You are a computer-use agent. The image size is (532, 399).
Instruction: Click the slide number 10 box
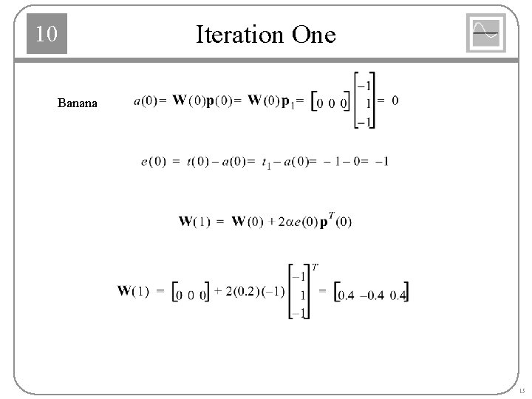click(x=47, y=34)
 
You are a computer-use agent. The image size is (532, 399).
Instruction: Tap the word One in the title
click(x=313, y=35)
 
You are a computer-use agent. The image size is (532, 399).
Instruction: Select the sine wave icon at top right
click(x=485, y=33)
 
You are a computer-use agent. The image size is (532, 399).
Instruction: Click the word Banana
click(x=77, y=103)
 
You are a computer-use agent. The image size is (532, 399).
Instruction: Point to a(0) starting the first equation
click(x=145, y=101)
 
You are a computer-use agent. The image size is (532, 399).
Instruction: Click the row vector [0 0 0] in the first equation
click(x=330, y=102)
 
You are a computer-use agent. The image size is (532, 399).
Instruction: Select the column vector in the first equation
click(x=364, y=100)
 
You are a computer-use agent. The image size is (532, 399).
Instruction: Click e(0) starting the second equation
click(x=153, y=161)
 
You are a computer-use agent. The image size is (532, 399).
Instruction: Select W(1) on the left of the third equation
click(x=194, y=221)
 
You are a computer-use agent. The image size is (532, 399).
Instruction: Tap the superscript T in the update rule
click(x=332, y=216)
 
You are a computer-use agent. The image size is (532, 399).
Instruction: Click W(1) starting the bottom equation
click(x=134, y=291)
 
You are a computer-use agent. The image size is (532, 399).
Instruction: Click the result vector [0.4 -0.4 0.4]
click(x=372, y=293)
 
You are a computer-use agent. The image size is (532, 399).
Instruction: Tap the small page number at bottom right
click(x=522, y=390)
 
